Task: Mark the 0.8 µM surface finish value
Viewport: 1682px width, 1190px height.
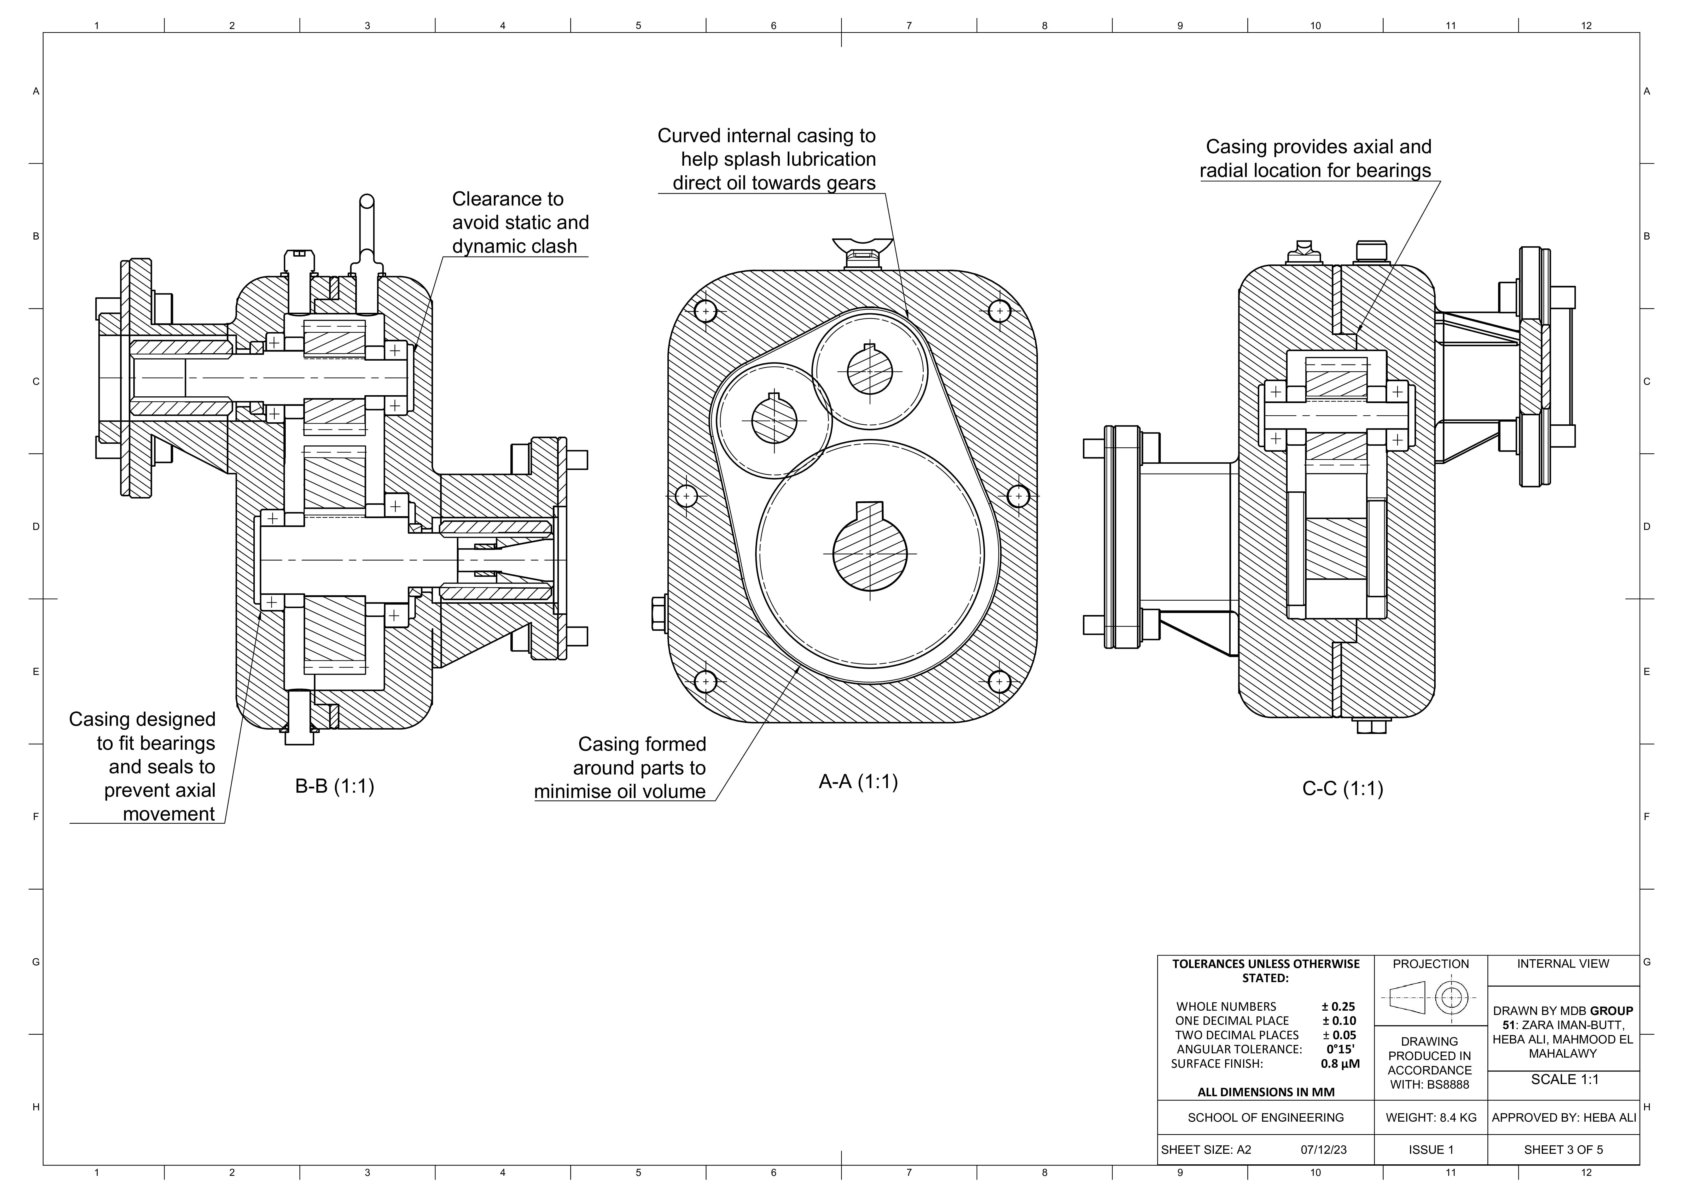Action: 1340,1064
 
